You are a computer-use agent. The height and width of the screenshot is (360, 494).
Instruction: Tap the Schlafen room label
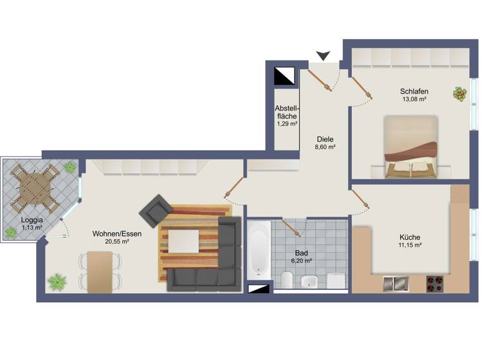click(x=414, y=91)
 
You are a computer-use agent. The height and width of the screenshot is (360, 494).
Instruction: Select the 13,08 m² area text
click(x=414, y=100)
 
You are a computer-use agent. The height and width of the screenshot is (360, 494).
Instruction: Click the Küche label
click(x=409, y=237)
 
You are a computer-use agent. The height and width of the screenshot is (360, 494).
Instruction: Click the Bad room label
click(x=301, y=253)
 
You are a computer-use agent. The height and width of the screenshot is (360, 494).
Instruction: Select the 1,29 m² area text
click(x=286, y=123)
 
